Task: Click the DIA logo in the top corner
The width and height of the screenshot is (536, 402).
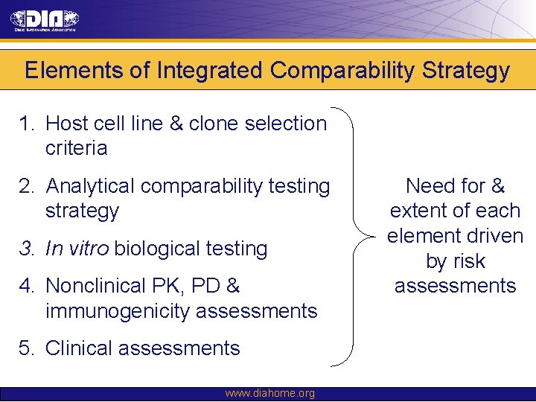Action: (44, 20)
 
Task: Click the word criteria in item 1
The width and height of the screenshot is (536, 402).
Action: (76, 148)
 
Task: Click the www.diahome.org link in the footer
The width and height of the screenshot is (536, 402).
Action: (269, 394)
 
